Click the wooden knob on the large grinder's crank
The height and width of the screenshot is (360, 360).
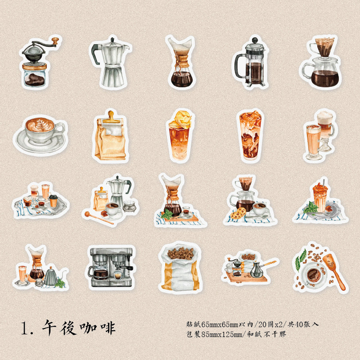pos(55,41)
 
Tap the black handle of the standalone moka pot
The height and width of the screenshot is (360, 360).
pos(94,54)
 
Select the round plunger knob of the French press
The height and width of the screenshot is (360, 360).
pos(255,40)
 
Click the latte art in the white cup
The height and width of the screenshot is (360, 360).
pos(40,125)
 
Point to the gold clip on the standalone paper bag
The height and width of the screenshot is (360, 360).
pos(111,117)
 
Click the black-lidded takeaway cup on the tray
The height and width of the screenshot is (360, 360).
pos(53,201)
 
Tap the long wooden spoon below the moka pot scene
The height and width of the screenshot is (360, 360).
pos(99,218)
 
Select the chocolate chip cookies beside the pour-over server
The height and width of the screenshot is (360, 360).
pos(238,213)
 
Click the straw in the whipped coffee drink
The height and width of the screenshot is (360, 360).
pos(324,183)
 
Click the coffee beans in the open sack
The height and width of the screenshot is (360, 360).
pos(181,253)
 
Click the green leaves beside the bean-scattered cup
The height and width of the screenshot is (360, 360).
pos(300,260)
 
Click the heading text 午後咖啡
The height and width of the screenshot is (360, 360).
pos(78,328)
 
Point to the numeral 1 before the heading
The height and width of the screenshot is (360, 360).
pos(24,328)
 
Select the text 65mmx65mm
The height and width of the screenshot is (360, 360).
pos(220,324)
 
